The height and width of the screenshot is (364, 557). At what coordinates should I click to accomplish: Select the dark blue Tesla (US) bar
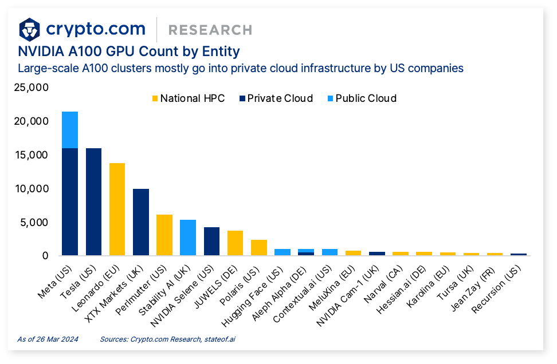(93, 201)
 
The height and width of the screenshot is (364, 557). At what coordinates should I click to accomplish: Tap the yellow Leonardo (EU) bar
(117, 209)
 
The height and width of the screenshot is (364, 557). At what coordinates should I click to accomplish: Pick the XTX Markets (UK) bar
(140, 222)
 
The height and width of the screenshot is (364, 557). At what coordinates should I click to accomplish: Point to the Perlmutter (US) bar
(164, 235)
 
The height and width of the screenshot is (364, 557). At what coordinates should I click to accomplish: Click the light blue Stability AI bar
(187, 238)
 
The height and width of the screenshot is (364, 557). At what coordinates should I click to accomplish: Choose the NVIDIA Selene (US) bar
(211, 241)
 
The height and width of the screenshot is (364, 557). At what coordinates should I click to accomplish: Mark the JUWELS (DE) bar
(235, 243)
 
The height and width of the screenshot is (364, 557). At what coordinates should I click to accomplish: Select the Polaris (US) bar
(258, 247)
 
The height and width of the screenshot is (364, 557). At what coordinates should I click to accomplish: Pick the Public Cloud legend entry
(360, 98)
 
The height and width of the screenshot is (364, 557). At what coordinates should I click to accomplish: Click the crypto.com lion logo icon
(30, 29)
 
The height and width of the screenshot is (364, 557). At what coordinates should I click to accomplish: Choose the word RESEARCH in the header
(210, 30)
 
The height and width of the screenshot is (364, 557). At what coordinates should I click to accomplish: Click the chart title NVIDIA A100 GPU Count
(129, 52)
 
